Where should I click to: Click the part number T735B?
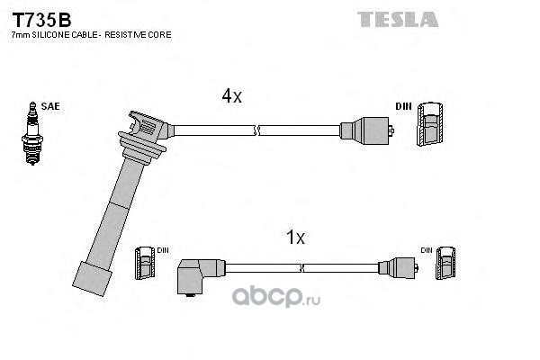[x=41, y=20]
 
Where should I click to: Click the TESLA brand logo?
[x=398, y=19]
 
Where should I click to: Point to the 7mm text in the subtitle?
[x=21, y=35]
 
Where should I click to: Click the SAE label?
[x=50, y=106]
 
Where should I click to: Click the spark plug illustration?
[x=32, y=133]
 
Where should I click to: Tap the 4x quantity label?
[x=232, y=95]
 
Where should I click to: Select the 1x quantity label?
[x=295, y=238]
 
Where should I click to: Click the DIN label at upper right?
[x=403, y=107]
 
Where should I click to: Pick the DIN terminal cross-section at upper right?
[x=430, y=124]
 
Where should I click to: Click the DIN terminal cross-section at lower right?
[x=445, y=263]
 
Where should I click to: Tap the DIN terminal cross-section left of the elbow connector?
[x=145, y=263]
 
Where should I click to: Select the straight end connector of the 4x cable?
[x=367, y=130]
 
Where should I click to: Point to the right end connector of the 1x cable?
[x=399, y=267]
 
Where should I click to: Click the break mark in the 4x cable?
[x=256, y=130]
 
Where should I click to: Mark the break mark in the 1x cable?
[x=302, y=268]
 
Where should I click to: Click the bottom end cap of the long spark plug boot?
[x=93, y=279]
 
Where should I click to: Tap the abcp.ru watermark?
[x=276, y=297]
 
